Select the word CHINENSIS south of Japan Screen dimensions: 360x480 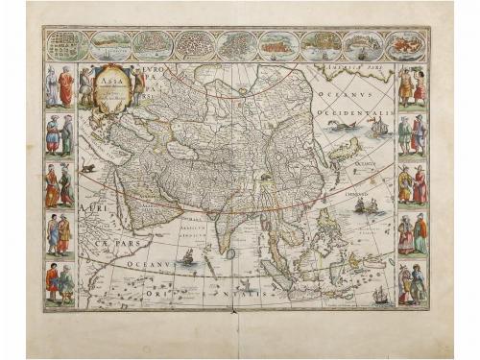361,195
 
